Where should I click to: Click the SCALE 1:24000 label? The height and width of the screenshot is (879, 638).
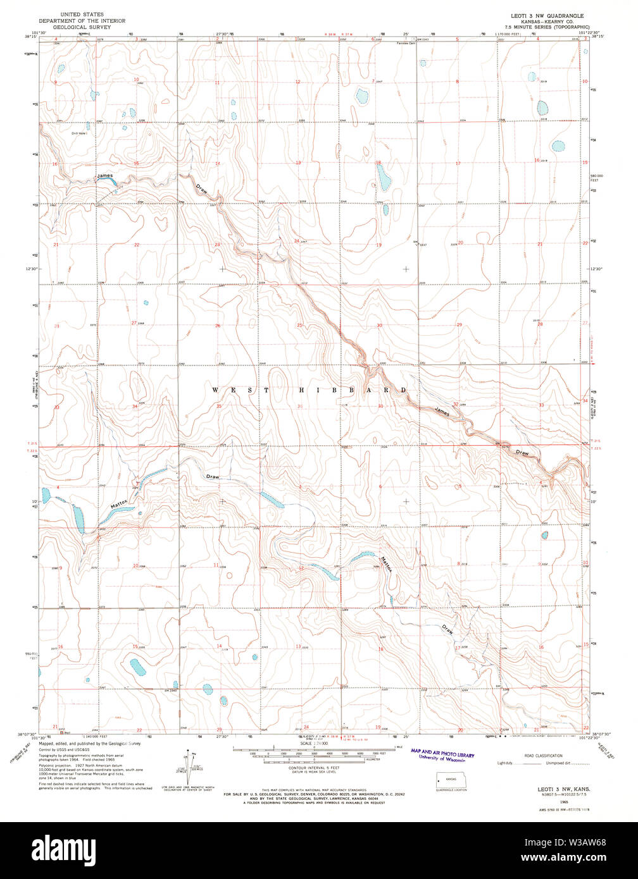click(x=315, y=744)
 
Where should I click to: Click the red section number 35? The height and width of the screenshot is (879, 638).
click(x=218, y=406)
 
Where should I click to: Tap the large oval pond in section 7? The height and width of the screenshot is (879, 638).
click(x=361, y=97)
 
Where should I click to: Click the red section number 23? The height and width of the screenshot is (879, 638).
click(x=217, y=244)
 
